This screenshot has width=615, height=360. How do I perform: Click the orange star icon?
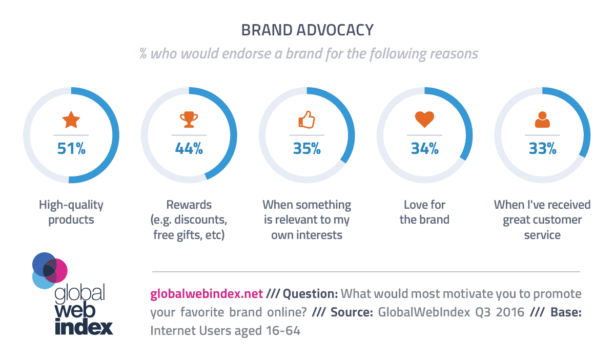click(71, 120)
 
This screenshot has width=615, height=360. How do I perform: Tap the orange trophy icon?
click(189, 119)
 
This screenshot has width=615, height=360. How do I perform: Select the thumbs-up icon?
click(306, 119)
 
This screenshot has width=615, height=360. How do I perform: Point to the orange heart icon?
click(424, 119)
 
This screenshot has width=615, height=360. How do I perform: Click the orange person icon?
click(542, 119)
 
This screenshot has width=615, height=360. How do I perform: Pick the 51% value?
click(71, 148)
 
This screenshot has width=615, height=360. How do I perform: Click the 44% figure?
click(189, 148)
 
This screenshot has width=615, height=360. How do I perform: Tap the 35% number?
click(306, 148)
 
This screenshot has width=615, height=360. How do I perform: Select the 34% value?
click(424, 148)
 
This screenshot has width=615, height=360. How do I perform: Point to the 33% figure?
click(543, 148)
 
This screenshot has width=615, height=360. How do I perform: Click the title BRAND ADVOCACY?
click(307, 30)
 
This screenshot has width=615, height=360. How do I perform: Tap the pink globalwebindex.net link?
click(207, 294)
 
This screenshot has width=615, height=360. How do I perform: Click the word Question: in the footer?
click(310, 294)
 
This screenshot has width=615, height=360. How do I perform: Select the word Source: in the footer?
click(352, 312)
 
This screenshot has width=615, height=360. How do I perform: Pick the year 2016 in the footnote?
click(510, 312)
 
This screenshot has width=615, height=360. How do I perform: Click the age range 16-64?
click(283, 331)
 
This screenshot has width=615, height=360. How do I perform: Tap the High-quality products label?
click(71, 212)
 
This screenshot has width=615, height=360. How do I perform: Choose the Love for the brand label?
click(424, 212)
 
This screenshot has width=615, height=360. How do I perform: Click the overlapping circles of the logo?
click(50, 271)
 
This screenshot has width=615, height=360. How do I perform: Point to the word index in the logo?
click(84, 327)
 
